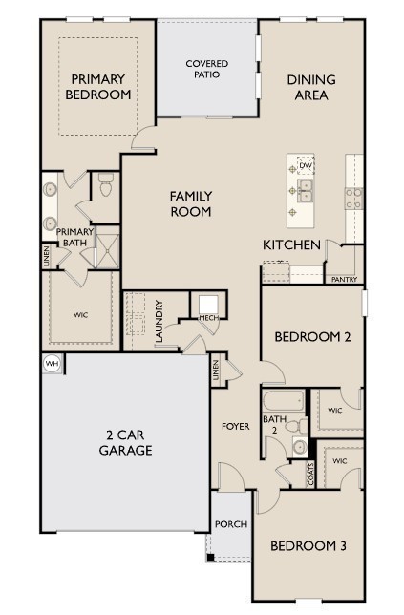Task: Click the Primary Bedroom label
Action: (97, 87)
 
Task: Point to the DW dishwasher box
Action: (306, 166)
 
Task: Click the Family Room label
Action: (191, 203)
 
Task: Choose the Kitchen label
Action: (291, 245)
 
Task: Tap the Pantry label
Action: (343, 280)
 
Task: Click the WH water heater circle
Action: (51, 363)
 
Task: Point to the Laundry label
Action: (159, 323)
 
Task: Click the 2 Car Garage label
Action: (126, 442)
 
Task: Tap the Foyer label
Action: (236, 426)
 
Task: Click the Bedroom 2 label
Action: (313, 337)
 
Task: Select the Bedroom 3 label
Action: (308, 546)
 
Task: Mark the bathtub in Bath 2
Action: (283, 400)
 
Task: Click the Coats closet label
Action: (311, 472)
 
